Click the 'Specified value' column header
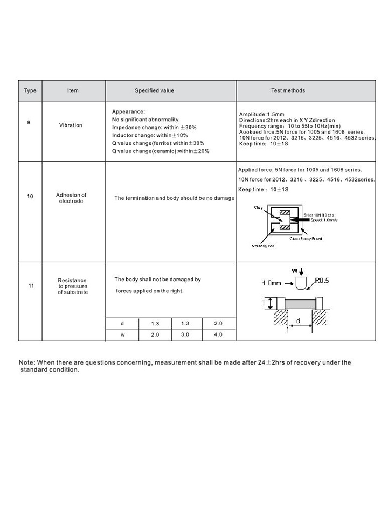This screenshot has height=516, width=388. [x=154, y=90]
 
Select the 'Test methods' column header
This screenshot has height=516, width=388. [x=288, y=90]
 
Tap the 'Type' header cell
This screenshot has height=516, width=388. [x=30, y=90]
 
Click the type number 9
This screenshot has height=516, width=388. [x=29, y=122]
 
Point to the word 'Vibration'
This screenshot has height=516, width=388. [x=71, y=125]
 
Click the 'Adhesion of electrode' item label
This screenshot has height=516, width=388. [x=71, y=198]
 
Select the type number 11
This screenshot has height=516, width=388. [x=30, y=285]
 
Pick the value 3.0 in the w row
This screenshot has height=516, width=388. [x=187, y=334]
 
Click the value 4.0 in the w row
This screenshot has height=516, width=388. [x=218, y=334]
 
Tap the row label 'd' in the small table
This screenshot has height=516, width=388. [x=122, y=323]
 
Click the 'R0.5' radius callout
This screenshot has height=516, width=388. [x=322, y=281]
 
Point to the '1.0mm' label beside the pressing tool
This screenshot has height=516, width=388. [x=272, y=283]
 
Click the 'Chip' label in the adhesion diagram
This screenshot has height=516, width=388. [x=258, y=207]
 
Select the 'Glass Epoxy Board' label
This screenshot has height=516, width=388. [x=306, y=238]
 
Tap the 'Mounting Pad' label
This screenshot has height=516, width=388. [x=264, y=246]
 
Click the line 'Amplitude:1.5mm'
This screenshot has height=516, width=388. [x=260, y=115]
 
